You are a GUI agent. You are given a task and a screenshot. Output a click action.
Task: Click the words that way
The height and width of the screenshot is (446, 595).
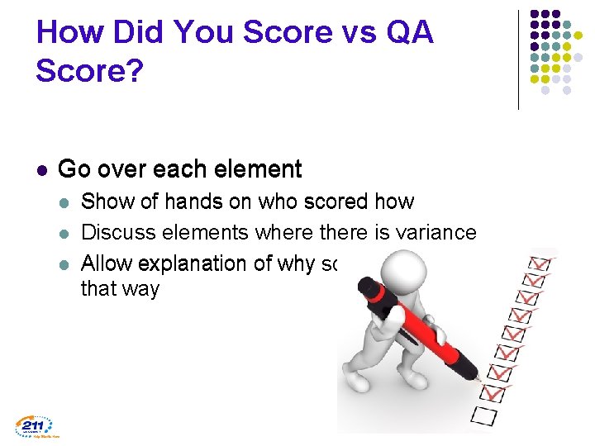[119, 289]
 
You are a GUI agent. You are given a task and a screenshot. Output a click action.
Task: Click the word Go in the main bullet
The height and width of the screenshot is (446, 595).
[73, 169]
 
